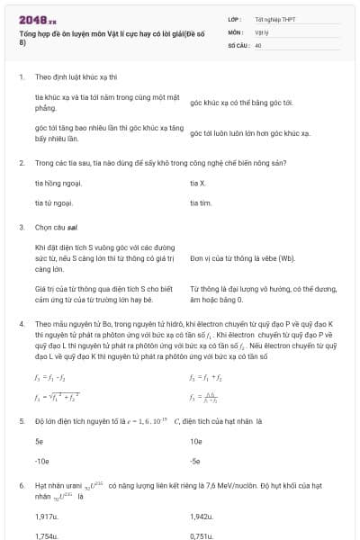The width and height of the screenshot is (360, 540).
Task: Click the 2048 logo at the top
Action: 37,18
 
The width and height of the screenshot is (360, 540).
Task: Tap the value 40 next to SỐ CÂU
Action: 258,44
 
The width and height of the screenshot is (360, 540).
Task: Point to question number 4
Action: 21,322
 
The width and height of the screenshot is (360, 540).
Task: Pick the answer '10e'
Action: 196,442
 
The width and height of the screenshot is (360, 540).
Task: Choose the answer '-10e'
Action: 41,461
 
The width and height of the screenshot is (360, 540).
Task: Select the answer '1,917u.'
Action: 47,517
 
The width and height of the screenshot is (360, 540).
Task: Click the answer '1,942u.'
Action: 202,517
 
